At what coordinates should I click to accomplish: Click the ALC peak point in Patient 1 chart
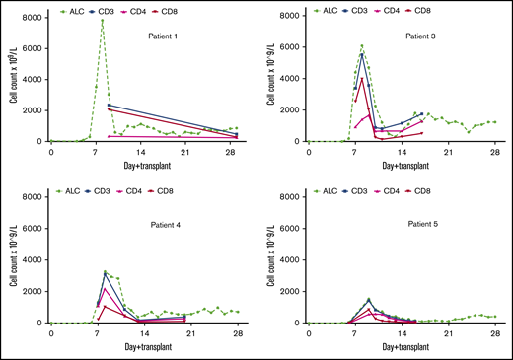click(x=102, y=20)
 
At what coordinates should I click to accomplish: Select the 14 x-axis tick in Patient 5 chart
click(x=401, y=332)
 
